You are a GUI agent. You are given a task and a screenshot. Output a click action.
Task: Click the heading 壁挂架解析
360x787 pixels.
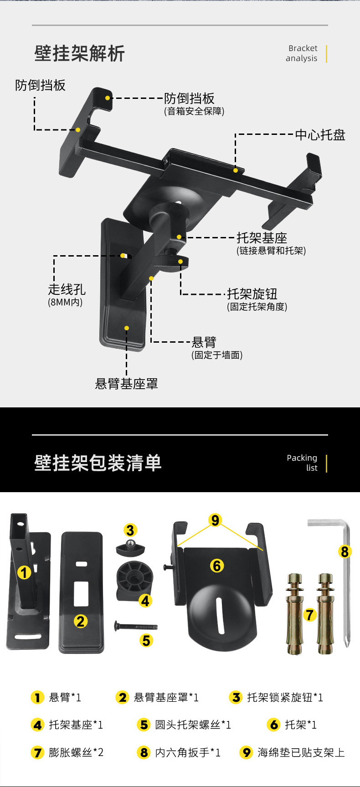click(x=79, y=54)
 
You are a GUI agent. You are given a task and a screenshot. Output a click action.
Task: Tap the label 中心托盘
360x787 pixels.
click(x=320, y=135)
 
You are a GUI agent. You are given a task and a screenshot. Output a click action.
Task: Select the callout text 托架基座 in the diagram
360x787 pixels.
click(x=262, y=238)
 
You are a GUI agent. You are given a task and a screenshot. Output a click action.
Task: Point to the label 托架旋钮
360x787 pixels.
click(x=252, y=294)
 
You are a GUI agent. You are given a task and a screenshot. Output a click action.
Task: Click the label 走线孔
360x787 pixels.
click(x=67, y=289)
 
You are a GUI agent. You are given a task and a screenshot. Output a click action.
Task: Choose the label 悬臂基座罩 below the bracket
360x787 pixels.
click(x=126, y=384)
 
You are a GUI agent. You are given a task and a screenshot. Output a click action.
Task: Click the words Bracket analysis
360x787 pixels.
click(x=302, y=53)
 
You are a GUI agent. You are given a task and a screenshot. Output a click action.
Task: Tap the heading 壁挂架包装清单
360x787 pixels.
click(x=98, y=463)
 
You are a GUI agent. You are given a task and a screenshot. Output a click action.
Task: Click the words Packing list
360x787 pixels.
click(x=302, y=463)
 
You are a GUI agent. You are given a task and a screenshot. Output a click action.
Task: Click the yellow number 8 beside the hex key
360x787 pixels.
click(x=345, y=552)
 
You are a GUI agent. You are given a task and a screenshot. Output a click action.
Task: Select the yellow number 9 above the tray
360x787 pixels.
click(x=215, y=520)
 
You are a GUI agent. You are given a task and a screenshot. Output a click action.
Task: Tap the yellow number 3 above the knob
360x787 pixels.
click(x=130, y=530)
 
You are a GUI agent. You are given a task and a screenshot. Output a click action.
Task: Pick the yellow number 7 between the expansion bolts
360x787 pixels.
click(x=310, y=615)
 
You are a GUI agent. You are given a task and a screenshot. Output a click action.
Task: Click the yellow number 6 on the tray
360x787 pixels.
click(x=217, y=566)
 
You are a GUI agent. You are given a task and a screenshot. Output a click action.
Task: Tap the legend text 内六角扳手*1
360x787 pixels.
click(x=187, y=752)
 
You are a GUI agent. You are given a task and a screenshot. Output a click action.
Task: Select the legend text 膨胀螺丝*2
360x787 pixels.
click(x=76, y=752)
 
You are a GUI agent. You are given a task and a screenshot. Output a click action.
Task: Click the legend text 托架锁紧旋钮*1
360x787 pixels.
click(x=285, y=697)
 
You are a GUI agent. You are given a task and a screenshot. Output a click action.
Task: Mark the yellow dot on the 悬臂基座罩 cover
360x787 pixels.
click(x=127, y=328)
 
